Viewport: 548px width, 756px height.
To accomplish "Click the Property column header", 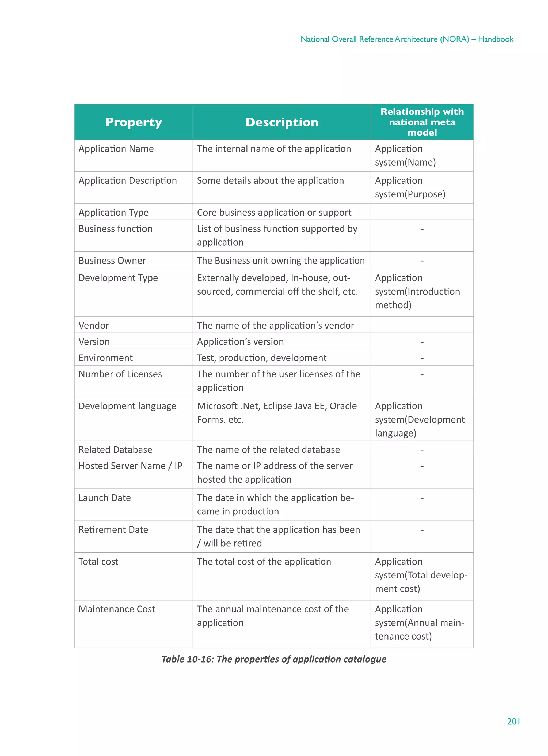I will [134, 122].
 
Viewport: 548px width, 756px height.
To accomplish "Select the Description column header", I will [281, 122].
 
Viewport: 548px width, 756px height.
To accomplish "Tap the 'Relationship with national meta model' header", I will [422, 122].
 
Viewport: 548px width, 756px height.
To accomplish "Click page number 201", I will [513, 721].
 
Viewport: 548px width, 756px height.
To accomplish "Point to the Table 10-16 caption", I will [274, 659].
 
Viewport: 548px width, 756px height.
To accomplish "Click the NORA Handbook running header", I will [407, 39].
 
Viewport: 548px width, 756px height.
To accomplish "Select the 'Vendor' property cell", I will [94, 325].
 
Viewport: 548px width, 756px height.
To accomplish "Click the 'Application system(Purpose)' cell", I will [410, 187].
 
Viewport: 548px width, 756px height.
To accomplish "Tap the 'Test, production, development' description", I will [261, 358].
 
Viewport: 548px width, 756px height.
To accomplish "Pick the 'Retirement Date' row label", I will [113, 530].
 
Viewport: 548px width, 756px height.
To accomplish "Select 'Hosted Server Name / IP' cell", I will [130, 466].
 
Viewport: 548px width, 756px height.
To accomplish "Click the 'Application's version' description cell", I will [240, 342].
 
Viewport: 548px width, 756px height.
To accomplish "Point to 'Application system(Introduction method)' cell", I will [417, 291].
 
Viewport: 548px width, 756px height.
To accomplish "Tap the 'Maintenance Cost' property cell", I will [117, 609].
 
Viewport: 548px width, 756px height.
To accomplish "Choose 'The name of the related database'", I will [268, 449].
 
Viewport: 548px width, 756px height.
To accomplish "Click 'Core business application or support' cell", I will [274, 212].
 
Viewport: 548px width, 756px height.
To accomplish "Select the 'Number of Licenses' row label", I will [120, 374].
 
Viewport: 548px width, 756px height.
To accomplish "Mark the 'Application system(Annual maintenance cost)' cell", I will [419, 622].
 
